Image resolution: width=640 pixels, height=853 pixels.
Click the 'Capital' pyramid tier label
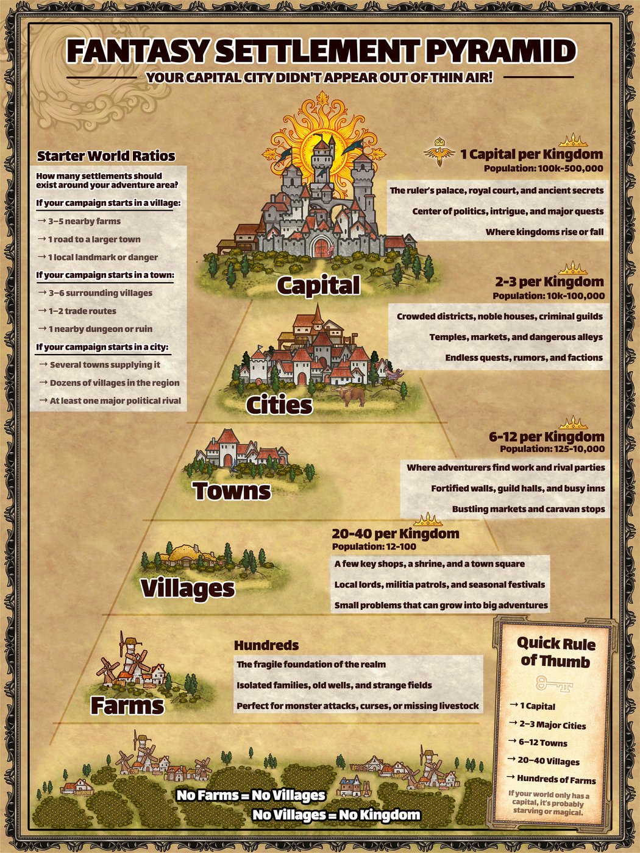tap(318, 285)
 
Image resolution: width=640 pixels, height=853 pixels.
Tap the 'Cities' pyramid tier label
tap(279, 405)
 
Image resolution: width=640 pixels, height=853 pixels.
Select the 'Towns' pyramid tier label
tap(232, 490)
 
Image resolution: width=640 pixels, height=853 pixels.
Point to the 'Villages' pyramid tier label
tap(187, 588)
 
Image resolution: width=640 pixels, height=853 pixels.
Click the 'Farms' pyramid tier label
tap(127, 705)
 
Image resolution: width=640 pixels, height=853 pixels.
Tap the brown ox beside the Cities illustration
tap(350, 397)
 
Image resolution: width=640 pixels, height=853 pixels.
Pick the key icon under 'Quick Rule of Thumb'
tap(554, 684)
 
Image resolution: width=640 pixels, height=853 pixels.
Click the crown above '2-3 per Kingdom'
tap(572, 268)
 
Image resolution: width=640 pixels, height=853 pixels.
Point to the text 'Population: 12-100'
tap(374, 547)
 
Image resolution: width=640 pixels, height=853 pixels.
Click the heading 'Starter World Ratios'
tap(106, 156)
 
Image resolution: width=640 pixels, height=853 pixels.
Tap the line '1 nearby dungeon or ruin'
tap(101, 329)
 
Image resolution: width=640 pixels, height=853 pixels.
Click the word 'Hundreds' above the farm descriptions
tap(266, 645)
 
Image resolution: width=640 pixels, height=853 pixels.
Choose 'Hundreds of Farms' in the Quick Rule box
tap(556, 779)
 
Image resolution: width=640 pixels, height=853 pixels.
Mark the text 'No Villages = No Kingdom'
tap(336, 815)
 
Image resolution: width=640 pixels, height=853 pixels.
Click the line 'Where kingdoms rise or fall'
tap(544, 232)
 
